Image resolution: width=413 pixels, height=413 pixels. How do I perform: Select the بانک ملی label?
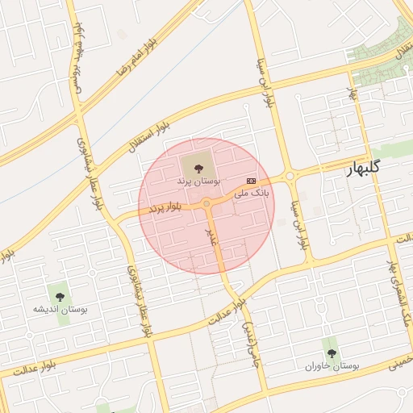[252, 194]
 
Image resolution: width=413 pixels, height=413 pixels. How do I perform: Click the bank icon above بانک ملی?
[252, 181]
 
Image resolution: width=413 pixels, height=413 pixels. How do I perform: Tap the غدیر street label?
[212, 235]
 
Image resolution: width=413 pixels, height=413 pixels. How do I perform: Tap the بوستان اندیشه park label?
[60, 309]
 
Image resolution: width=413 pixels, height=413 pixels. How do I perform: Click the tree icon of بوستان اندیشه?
[59, 294]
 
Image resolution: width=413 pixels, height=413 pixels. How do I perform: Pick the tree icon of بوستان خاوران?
[332, 353]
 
